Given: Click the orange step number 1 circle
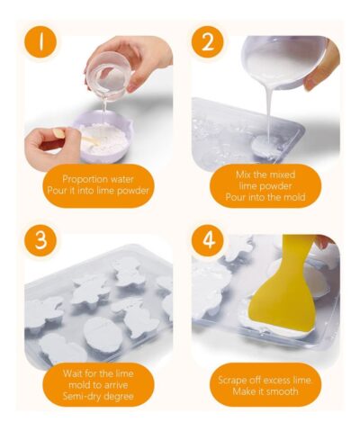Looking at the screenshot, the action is coord(40,42).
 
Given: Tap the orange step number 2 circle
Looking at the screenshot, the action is coord(207,42).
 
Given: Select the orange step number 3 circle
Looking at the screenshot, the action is coord(40,240).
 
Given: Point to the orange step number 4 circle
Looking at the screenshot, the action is coord(207,240).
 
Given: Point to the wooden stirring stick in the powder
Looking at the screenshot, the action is coord(91,140).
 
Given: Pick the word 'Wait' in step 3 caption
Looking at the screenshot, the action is coord(71,373).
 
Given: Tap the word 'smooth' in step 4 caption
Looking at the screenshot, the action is coord(282,391).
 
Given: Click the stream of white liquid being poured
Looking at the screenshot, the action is coord(268,111).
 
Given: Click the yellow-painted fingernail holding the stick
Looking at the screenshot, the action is coord(58,133).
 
